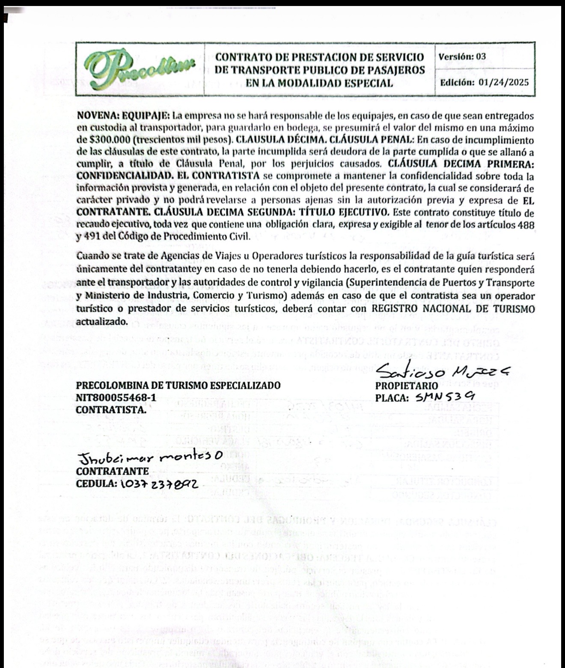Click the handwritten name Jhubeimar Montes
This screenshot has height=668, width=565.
tap(146, 460)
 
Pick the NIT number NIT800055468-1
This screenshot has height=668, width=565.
tap(116, 398)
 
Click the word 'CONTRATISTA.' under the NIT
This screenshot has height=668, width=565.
tap(111, 409)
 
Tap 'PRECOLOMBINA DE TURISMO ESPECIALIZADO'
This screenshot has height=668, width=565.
tap(178, 386)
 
